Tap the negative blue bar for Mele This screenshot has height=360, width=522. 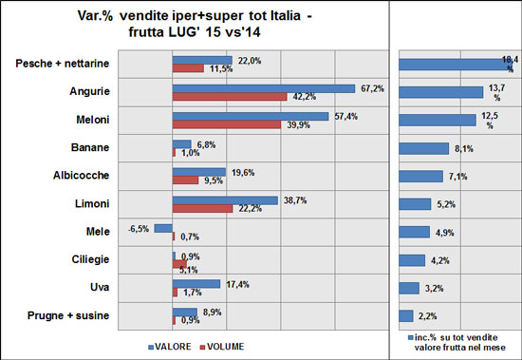(x=163, y=228)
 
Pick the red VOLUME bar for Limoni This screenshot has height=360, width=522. (x=201, y=208)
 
